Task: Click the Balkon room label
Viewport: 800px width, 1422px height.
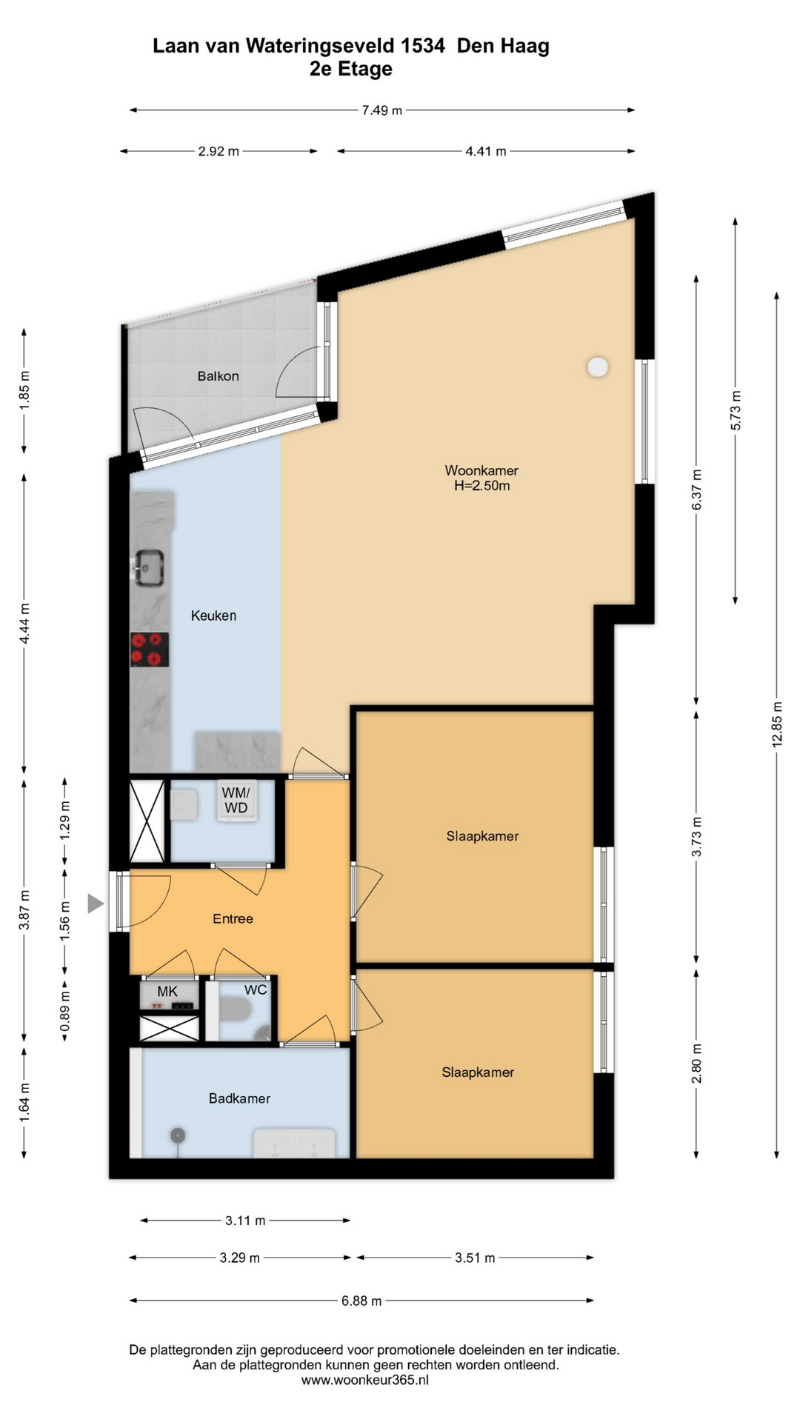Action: [x=218, y=376]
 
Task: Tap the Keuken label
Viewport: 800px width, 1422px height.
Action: [x=213, y=615]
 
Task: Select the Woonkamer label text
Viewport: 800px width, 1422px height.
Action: [x=481, y=470]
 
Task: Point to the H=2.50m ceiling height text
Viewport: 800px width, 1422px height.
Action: [x=482, y=486]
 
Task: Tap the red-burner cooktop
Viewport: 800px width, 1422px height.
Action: [x=149, y=650]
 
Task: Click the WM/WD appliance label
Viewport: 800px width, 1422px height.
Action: [x=236, y=800]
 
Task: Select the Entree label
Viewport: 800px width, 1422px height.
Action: [x=233, y=918]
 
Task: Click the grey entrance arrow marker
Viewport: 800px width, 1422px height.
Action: [x=96, y=903]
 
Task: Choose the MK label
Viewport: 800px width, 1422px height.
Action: [x=167, y=991]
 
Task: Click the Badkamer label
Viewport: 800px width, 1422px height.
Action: [x=239, y=1098]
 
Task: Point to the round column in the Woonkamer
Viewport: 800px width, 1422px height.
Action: [x=598, y=367]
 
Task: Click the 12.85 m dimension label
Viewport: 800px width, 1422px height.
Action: [x=777, y=724]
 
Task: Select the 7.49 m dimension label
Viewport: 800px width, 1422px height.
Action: [x=382, y=110]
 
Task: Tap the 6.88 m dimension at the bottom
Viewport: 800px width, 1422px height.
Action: [x=361, y=1301]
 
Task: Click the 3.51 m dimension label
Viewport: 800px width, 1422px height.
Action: [x=475, y=1258]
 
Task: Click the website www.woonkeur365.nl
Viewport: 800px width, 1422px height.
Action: [x=365, y=1380]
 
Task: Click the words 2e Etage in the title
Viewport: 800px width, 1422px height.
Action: [x=351, y=69]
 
